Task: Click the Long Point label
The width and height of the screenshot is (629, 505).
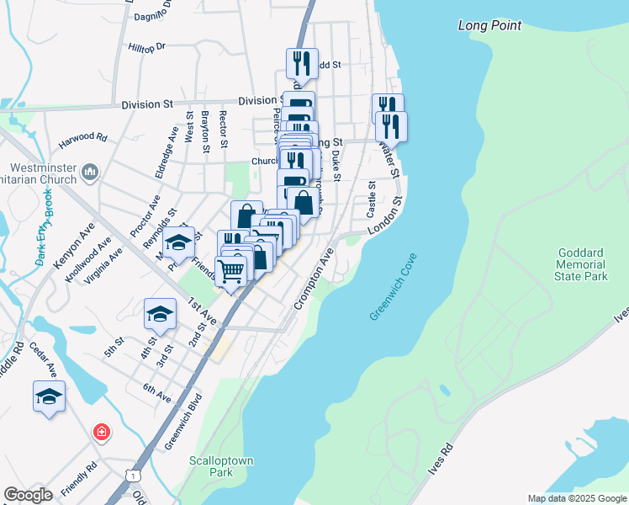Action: tap(489, 25)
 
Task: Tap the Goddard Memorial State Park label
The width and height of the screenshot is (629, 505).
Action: tap(583, 264)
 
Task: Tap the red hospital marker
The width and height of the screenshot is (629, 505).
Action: tap(101, 433)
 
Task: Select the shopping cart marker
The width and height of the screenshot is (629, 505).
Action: tap(232, 270)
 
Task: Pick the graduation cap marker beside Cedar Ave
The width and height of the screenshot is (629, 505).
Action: tap(49, 396)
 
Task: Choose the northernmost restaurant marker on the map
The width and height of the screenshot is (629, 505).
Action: tap(301, 63)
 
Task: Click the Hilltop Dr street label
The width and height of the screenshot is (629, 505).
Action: tap(148, 48)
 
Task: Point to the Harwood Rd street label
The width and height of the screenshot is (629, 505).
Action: tap(82, 136)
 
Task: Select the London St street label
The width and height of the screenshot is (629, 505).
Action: tap(386, 215)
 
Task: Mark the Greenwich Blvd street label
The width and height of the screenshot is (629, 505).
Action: tap(184, 422)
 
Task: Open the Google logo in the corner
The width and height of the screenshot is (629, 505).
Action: tap(29, 495)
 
